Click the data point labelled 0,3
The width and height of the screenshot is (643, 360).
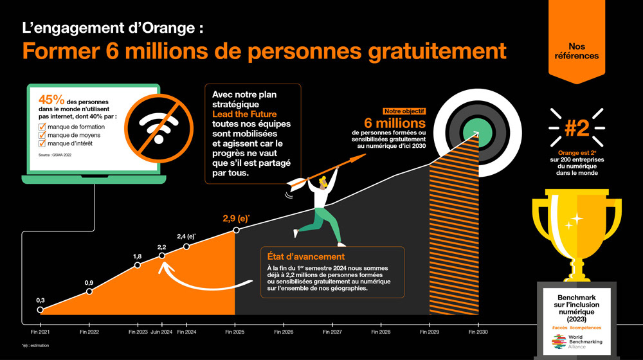tap(41, 310)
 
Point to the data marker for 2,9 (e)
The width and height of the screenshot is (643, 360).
tap(236, 230)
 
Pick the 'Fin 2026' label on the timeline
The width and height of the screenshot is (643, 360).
tap(284, 332)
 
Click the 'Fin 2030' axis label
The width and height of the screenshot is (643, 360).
tap(477, 332)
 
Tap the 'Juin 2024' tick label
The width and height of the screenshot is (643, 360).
tap(161, 332)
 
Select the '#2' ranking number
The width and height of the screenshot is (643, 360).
tap(576, 128)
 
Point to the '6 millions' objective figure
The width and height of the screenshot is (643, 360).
tap(395, 123)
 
